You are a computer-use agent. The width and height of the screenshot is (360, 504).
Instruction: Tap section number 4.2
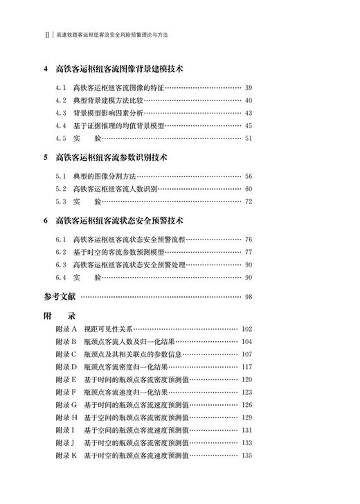tap(62, 100)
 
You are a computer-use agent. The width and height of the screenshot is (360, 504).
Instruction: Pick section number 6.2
tap(62, 252)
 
